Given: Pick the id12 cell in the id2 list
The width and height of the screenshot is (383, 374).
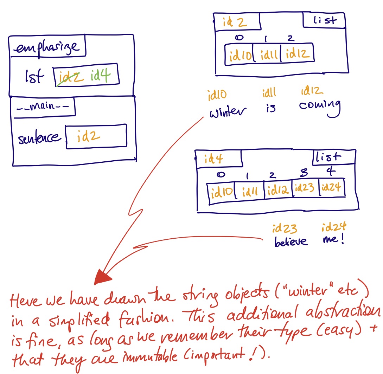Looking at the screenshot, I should coord(298,54).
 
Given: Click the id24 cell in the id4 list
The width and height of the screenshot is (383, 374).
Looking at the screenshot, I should coord(331,188).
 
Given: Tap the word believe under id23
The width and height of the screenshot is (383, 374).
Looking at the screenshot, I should coord(291,241).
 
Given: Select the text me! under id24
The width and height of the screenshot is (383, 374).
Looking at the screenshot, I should coord(332,240).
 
